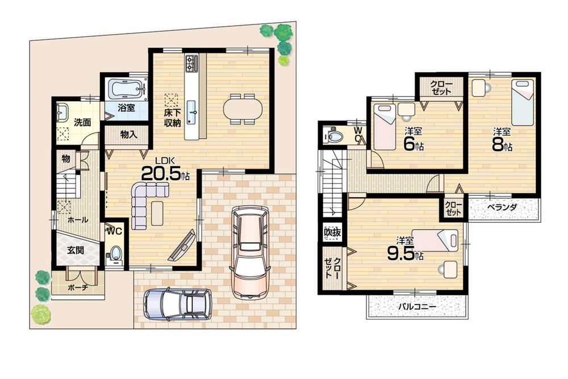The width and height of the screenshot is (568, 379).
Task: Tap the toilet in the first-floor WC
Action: (116, 253)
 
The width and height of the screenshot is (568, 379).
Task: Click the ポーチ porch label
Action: (77, 288)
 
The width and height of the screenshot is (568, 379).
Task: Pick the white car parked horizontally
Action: (177, 303)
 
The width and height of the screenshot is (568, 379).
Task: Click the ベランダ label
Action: (502, 208)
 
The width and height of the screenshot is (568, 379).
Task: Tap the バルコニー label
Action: (416, 307)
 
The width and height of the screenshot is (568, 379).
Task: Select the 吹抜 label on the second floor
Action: (332, 232)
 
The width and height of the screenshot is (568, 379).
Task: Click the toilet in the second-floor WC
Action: (334, 136)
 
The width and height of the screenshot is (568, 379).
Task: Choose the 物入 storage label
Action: (128, 134)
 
